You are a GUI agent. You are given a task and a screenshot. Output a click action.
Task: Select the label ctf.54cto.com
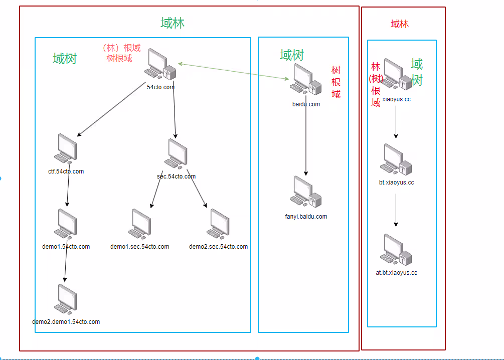(66, 171)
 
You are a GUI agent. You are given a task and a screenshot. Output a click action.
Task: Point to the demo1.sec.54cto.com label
(140, 247)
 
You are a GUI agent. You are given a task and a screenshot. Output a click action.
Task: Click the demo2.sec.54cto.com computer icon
(219, 223)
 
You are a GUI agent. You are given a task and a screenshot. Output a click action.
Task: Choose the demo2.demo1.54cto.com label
(66, 322)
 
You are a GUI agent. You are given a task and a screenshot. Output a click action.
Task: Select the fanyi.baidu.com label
(306, 217)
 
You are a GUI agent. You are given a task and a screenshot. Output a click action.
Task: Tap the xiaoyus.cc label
(397, 99)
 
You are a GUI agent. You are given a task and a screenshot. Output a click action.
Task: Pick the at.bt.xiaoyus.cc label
(397, 273)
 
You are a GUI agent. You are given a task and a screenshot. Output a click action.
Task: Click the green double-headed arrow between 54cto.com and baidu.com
(234, 71)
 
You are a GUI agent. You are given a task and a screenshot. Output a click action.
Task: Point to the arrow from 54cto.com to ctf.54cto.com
(111, 110)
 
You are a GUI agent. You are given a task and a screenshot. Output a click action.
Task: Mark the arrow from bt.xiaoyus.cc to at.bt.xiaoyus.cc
(396, 210)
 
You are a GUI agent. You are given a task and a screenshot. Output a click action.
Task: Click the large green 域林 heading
(173, 23)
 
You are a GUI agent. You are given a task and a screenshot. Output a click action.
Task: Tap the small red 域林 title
(399, 24)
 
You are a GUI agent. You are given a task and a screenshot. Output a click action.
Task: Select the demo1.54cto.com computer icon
(67, 224)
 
